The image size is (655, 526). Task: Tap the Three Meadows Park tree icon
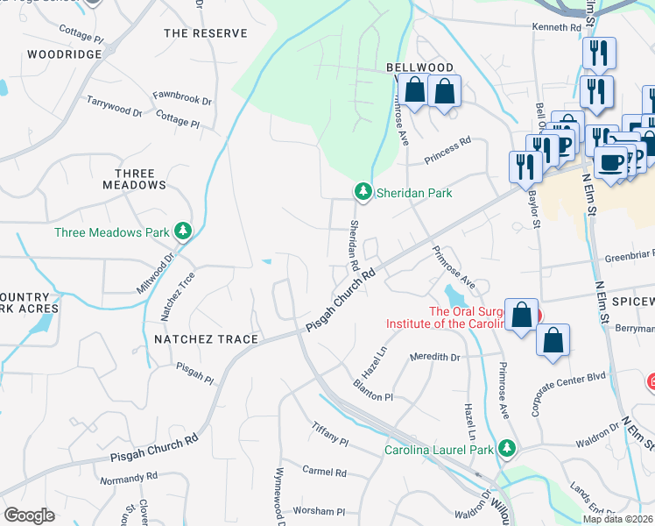pyautogui.click(x=182, y=231)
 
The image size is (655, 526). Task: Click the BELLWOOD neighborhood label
pyautogui.click(x=420, y=68)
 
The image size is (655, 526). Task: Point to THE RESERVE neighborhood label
pyautogui.click(x=205, y=33)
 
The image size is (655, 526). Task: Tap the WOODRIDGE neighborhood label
pyautogui.click(x=64, y=54)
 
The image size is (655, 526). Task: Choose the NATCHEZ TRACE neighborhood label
pyautogui.click(x=206, y=339)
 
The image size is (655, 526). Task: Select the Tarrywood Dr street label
pyautogui.click(x=114, y=106)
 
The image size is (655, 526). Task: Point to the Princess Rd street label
pyautogui.click(x=447, y=149)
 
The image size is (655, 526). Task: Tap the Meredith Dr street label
pyautogui.click(x=435, y=357)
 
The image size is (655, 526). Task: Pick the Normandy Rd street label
pyautogui.click(x=128, y=479)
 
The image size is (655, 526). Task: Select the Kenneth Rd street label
pyautogui.click(x=557, y=28)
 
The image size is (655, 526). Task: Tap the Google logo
pyautogui.click(x=29, y=515)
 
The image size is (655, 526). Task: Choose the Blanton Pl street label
pyautogui.click(x=372, y=391)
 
